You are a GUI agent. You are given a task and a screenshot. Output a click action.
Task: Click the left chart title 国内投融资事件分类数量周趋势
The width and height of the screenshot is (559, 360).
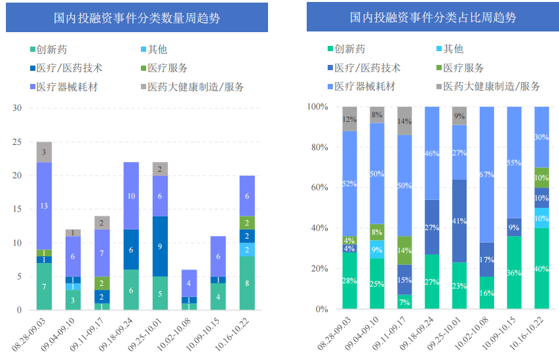(x=136, y=18)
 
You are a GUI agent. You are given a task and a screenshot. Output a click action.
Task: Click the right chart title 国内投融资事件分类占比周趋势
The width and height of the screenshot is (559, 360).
(x=433, y=18)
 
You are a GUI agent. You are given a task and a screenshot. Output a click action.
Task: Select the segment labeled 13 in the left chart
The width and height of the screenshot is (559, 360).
(x=44, y=206)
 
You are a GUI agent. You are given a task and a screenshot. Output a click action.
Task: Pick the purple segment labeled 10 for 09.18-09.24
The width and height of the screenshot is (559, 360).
(x=131, y=195)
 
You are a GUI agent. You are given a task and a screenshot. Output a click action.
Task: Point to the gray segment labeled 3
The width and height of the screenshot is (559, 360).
(x=44, y=152)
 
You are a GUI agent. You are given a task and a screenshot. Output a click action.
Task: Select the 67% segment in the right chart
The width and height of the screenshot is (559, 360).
(x=487, y=174)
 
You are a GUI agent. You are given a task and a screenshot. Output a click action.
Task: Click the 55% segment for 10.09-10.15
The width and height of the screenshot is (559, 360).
(x=514, y=163)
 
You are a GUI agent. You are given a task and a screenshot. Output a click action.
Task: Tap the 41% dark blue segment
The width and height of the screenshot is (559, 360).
(x=459, y=221)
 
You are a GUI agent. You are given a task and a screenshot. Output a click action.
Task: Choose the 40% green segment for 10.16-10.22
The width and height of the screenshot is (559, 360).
(x=542, y=268)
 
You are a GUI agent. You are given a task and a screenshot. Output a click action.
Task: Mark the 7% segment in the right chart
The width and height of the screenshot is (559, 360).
(x=404, y=302)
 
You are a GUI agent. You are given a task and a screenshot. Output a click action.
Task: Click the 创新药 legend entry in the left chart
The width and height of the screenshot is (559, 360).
(x=53, y=49)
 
